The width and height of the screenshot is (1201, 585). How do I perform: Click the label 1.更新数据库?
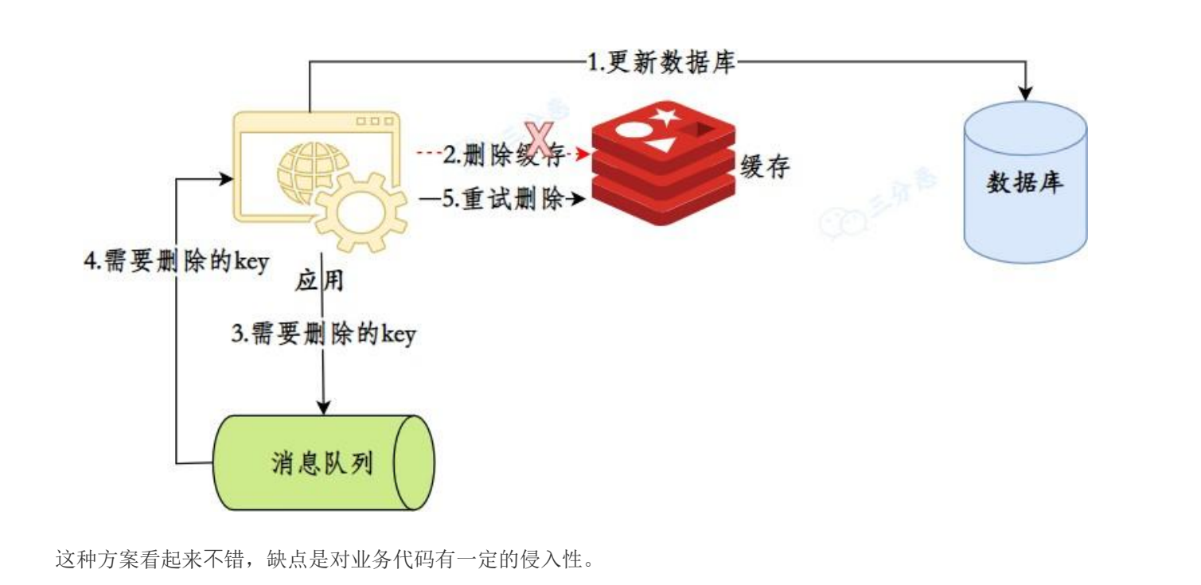pos(661,61)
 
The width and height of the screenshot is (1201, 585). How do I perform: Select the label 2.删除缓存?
pos(504,154)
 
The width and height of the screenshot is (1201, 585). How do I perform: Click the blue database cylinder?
pos(1026,182)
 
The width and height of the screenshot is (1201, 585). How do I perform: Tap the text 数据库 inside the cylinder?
pos(1026,184)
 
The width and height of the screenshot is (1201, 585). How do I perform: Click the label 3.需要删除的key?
pos(323,336)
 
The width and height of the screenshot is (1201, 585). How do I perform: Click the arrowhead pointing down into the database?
pos(1026,94)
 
